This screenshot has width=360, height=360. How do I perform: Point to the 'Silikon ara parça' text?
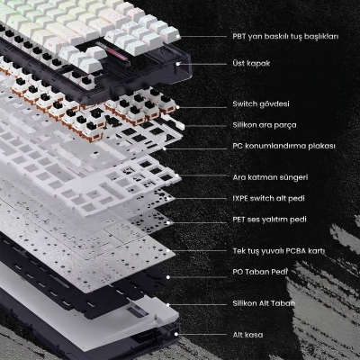pos(264,124)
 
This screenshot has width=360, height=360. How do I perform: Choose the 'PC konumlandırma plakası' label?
pos(283,145)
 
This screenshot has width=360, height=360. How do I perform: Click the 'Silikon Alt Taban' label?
pos(264,304)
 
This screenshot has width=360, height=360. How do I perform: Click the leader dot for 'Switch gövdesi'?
pos(178,105)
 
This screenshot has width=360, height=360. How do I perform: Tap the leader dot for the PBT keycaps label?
pos(179,38)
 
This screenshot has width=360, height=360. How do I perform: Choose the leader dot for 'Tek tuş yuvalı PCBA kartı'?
pos(175,251)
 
